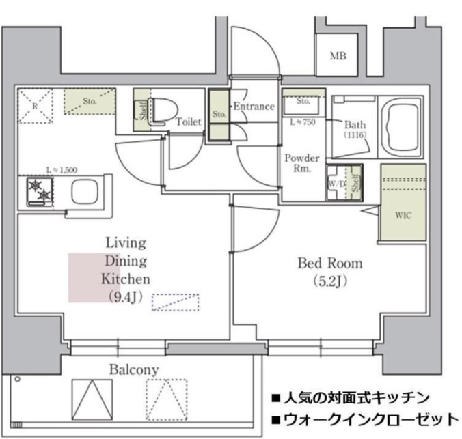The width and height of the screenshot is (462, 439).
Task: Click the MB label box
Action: (x=338, y=56)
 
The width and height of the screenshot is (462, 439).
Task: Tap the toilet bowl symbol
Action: (x=163, y=109)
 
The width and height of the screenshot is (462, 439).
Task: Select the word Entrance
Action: (x=254, y=107)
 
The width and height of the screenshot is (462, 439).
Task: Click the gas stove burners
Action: (x=40, y=191)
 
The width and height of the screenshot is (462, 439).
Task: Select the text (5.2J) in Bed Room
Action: (x=329, y=280)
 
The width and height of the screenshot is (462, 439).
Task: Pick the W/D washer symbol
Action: (x=336, y=184)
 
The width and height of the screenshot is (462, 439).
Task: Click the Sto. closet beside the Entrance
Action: (x=219, y=116)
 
